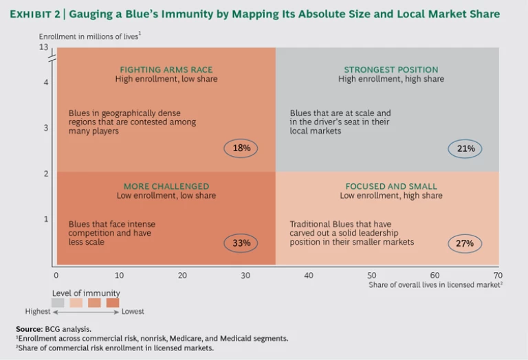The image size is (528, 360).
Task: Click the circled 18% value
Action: point(241,148)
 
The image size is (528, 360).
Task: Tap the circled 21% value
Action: point(465,148)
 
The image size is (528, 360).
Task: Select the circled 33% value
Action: point(241,243)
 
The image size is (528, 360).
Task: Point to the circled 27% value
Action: point(465,243)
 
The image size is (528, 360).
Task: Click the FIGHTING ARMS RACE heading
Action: point(166,69)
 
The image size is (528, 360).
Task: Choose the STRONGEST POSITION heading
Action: point(391,69)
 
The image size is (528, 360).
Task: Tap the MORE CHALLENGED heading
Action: point(166,186)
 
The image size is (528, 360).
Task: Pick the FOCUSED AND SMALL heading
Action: point(391,186)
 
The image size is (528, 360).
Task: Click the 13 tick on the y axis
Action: point(44,47)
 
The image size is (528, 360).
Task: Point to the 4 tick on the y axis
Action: point(45,82)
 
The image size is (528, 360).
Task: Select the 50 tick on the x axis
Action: point(372,275)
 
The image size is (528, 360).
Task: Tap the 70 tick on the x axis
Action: point(498,275)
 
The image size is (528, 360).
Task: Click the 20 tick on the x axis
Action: point(183,275)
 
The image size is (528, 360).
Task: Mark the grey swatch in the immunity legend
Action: point(58,302)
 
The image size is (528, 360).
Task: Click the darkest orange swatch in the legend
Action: point(112,302)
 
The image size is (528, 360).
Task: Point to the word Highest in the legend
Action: point(38,312)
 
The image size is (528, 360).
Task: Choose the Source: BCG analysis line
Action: point(53,329)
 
